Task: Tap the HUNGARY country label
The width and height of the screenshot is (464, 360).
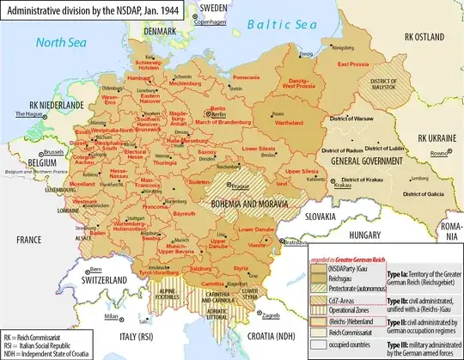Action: [x=340, y=233]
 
